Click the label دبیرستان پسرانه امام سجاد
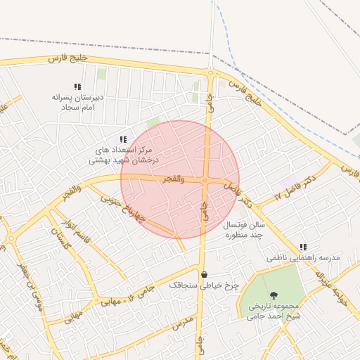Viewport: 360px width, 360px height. pos(77,103)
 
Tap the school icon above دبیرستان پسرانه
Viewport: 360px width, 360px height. pos(77,86)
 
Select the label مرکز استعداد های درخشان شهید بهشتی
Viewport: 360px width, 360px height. pos(124,155)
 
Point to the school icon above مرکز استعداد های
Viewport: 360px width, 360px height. pos(124,140)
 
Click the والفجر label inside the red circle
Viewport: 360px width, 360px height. pos(173,179)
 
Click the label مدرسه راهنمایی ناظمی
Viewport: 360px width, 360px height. pos(303,258)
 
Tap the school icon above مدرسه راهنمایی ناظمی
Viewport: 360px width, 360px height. pos(303,247)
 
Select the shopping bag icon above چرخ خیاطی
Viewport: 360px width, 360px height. pos(204,274)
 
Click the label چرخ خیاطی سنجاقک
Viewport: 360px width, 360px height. pos(204,285)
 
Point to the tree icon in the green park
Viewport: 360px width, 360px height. pos(274,295)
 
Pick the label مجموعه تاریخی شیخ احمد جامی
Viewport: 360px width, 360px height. pos(274,311)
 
